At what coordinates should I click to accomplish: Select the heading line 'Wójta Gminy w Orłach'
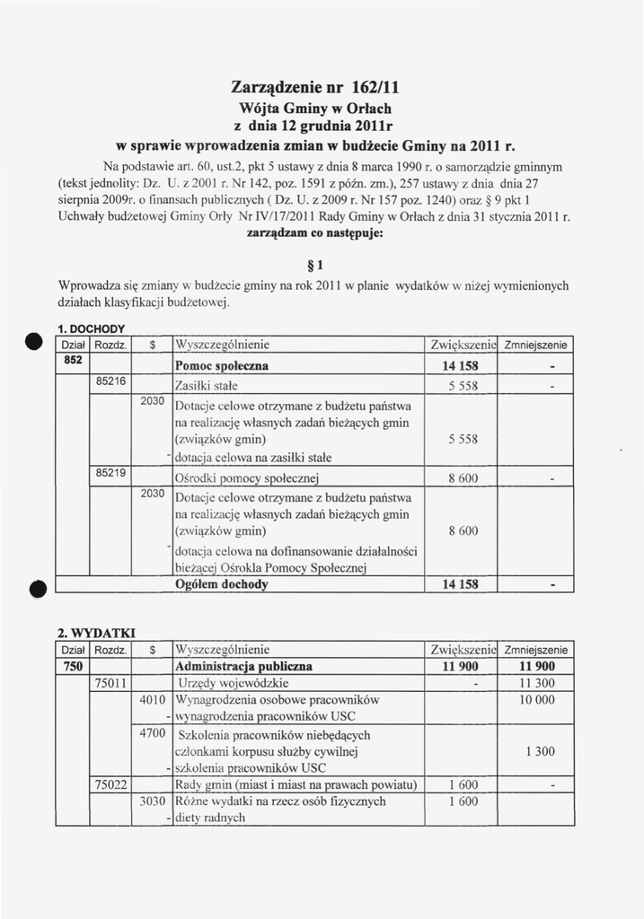tap(321, 109)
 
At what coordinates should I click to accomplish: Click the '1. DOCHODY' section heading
tap(92, 328)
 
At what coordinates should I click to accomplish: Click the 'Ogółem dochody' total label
tap(222, 584)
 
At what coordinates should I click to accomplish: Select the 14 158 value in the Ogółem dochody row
tap(461, 584)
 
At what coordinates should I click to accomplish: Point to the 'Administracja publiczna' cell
tap(244, 667)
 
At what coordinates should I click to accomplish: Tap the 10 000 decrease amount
tap(536, 700)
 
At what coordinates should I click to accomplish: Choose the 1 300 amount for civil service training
tap(538, 751)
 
